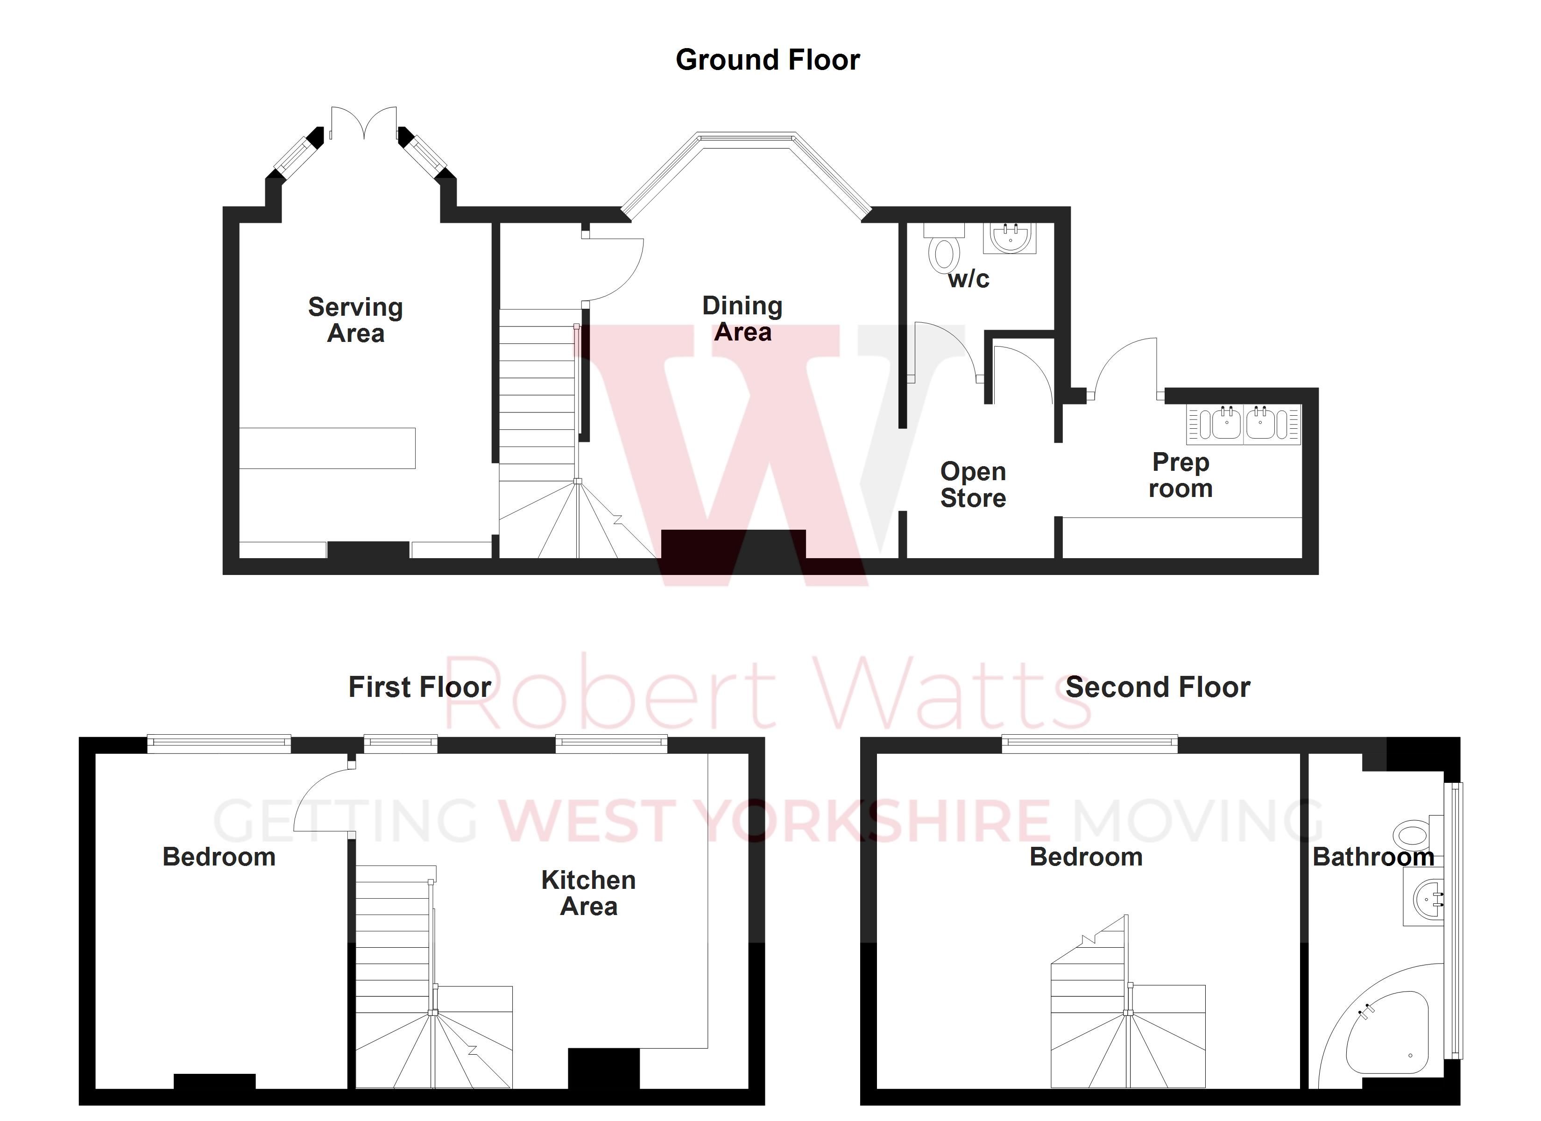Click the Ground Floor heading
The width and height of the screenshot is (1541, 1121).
pos(767,60)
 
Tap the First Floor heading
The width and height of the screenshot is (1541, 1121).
pos(419,687)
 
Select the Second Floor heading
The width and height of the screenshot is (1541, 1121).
pos(1157,687)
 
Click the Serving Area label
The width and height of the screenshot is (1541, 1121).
pos(355,320)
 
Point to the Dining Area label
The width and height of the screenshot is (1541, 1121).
pos(742,319)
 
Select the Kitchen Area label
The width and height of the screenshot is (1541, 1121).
pos(588,893)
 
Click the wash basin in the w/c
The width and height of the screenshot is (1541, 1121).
pos(1010,238)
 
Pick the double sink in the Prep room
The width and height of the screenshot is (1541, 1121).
pos(1244,424)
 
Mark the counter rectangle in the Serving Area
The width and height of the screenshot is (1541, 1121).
pos(327,448)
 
